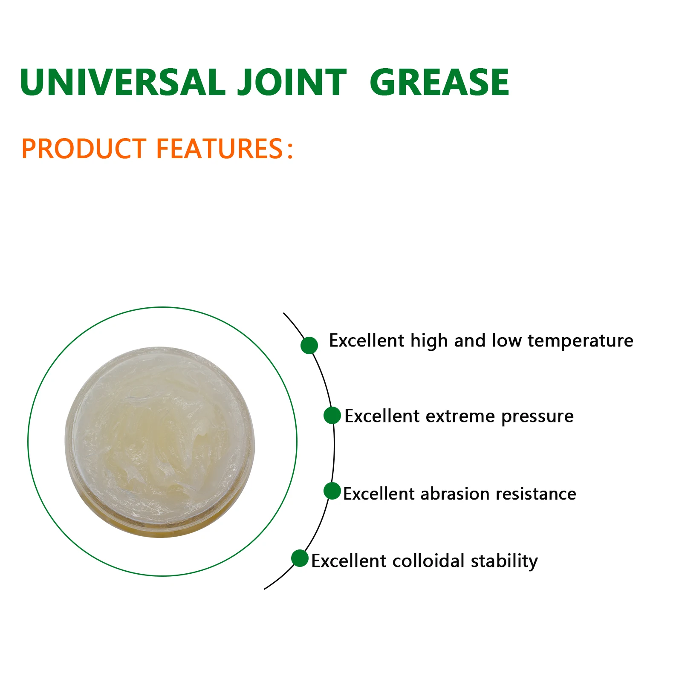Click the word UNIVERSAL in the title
[122, 82]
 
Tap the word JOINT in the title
[292, 82]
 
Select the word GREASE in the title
[439, 82]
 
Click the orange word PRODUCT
[84, 149]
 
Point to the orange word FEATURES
[219, 149]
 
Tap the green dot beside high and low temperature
[309, 345]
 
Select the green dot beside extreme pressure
[332, 416]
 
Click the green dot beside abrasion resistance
[332, 491]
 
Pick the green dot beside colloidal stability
[300, 558]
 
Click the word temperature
[580, 341]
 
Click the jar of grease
[160, 442]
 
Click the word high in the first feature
[428, 341]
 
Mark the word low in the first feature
[506, 341]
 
